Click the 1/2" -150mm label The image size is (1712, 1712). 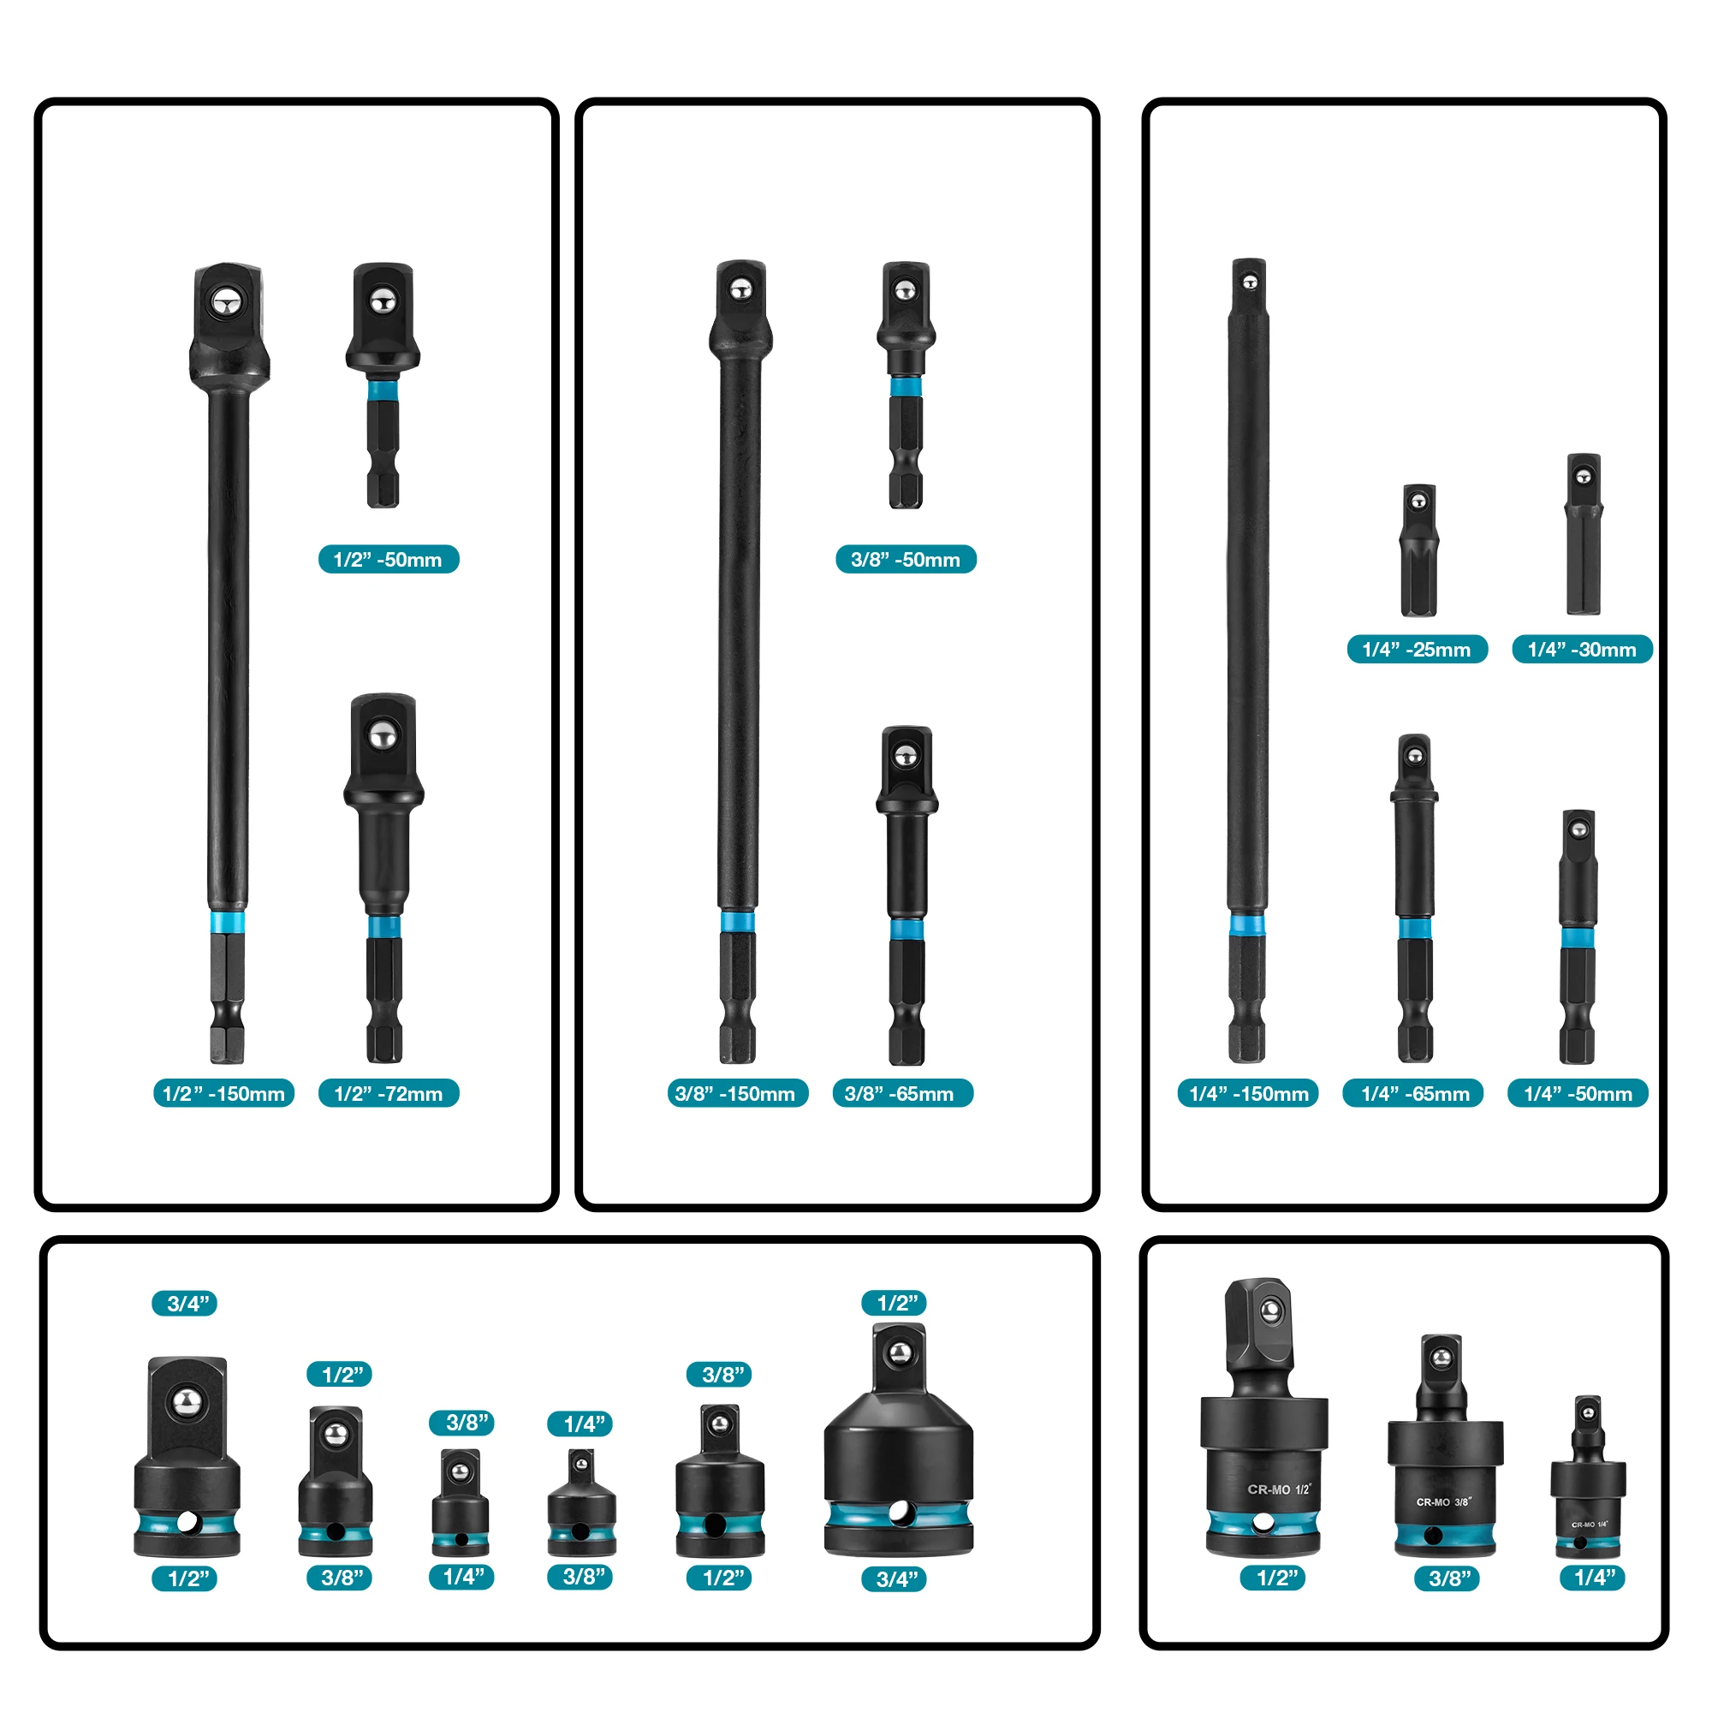[x=224, y=1093]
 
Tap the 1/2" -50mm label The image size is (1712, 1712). [x=389, y=559]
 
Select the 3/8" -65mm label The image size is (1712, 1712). [x=903, y=1093]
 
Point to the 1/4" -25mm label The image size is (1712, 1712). [x=1417, y=650]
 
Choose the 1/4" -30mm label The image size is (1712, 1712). [x=1583, y=650]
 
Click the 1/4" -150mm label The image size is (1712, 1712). [x=1249, y=1093]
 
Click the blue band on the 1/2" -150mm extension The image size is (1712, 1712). [x=228, y=922]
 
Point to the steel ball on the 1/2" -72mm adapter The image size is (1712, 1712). [x=383, y=734]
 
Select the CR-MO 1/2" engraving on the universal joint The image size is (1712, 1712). [x=1278, y=1489]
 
